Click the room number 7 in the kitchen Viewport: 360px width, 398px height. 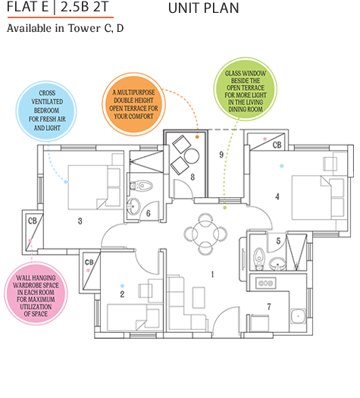pyautogui.click(x=269, y=306)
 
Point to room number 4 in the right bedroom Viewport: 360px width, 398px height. pyautogui.click(x=277, y=196)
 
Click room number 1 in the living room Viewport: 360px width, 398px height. pyautogui.click(x=213, y=274)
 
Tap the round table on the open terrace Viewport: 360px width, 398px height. pyautogui.click(x=191, y=155)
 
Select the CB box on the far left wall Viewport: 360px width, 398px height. pyautogui.click(x=33, y=221)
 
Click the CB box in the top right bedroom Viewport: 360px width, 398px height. pyautogui.click(x=277, y=143)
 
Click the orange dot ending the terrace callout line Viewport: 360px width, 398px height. pyautogui.click(x=196, y=137)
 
